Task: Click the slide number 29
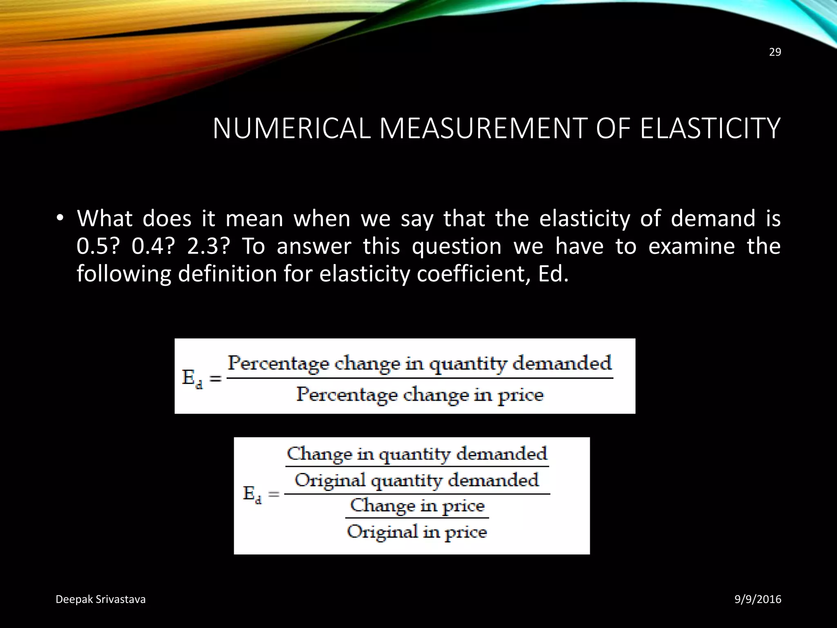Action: (775, 52)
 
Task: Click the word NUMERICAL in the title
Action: (291, 129)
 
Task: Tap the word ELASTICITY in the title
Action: (710, 129)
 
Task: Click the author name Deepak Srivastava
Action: (101, 599)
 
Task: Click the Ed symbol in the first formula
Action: (192, 379)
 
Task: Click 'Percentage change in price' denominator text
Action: (420, 395)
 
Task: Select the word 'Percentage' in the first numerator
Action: (278, 363)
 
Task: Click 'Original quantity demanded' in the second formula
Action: (416, 480)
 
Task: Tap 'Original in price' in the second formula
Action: (417, 532)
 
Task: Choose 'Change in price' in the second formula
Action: (417, 506)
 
